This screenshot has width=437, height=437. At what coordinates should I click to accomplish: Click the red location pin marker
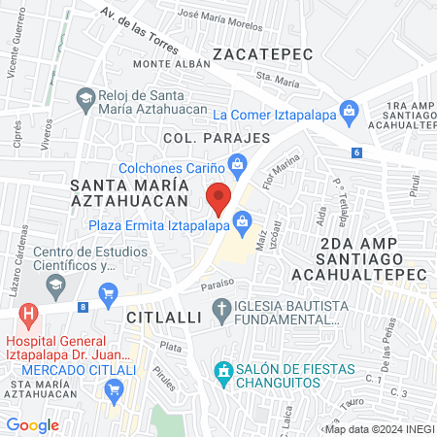(219, 197)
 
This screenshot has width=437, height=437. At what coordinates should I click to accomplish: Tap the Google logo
(32, 424)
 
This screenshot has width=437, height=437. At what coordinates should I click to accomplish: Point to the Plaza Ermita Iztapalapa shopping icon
(240, 226)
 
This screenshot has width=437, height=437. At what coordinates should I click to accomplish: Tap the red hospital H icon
(29, 316)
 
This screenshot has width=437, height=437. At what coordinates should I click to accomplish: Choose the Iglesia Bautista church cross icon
(221, 311)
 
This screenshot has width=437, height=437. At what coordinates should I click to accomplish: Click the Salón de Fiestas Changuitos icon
(222, 371)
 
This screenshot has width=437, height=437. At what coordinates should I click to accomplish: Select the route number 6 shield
(356, 151)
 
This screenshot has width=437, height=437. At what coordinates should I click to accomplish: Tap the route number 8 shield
(84, 307)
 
